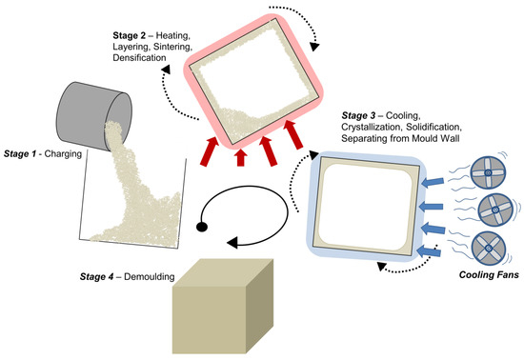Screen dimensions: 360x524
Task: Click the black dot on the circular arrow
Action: click(x=202, y=228)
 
